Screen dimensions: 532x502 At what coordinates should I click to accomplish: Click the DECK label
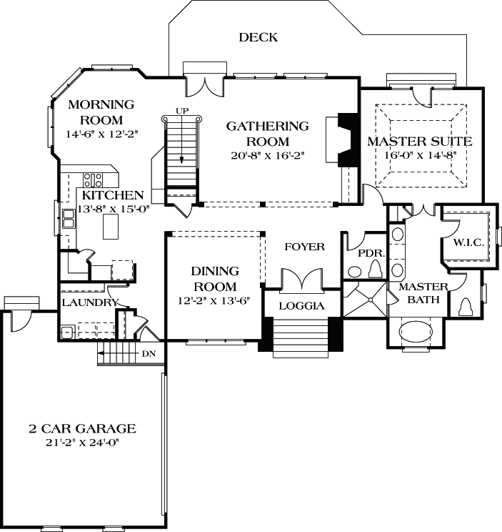coord(258,37)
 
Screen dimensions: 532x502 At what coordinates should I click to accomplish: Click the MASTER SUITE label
coord(419,141)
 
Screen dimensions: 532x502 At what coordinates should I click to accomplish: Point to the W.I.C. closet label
coord(468,243)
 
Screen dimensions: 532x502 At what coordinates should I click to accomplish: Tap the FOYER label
coord(304,247)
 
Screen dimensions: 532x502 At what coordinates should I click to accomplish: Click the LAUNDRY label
coord(89,302)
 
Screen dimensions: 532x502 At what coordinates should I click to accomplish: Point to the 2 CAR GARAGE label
coord(82,429)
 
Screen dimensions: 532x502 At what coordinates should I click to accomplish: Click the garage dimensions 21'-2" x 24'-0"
coord(82,443)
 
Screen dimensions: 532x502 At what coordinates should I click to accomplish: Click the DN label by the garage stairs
coord(148,353)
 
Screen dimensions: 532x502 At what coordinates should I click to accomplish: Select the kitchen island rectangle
coord(110,227)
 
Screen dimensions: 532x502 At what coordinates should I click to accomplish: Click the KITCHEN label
coord(112,195)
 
